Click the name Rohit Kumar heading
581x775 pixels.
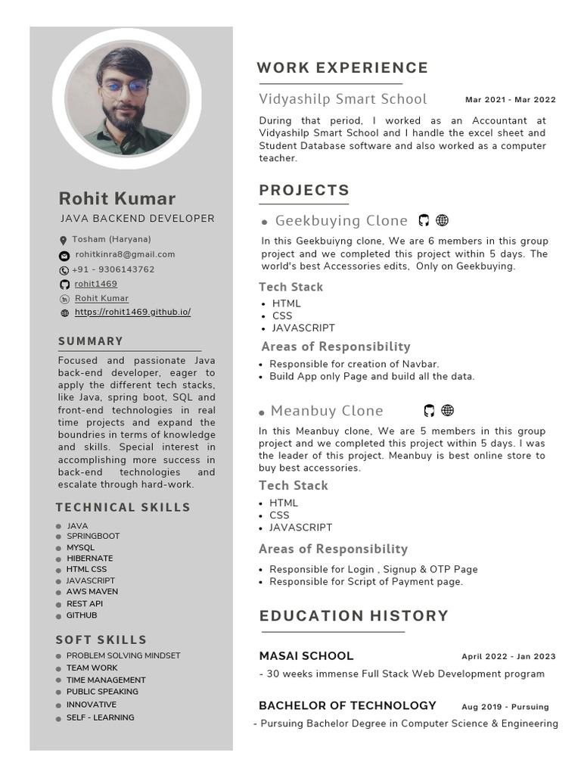117,198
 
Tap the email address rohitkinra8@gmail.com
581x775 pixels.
125,254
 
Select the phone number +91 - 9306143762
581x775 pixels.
113,269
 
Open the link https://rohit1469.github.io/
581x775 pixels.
132,312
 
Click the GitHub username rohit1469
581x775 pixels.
96,284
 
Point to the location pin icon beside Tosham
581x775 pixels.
64,241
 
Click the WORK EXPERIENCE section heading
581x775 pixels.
342,68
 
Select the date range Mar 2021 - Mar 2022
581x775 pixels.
510,100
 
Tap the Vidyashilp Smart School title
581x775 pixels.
343,99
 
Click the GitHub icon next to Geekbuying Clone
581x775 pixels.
424,220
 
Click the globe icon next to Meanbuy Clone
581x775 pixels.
447,410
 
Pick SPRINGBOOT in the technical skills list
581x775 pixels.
93,536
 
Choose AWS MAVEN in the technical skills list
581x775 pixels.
92,591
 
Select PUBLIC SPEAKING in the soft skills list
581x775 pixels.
102,691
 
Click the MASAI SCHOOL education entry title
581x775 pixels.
306,655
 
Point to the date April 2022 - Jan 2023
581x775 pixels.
508,657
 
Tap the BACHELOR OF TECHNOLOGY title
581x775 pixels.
347,705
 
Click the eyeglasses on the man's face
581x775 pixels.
126,87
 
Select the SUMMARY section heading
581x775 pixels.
91,341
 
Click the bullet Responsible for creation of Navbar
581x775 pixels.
354,364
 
